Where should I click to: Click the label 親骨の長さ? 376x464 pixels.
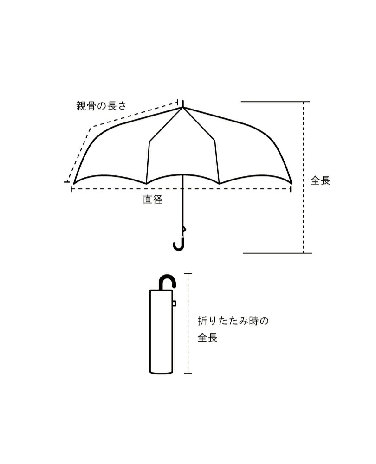click(101, 106)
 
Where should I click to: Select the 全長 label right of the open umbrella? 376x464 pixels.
click(320, 180)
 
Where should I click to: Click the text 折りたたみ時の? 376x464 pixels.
click(233, 321)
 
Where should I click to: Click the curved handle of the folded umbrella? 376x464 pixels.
click(168, 281)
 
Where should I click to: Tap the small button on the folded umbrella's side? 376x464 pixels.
click(174, 303)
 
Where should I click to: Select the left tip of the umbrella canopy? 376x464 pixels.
click(73, 183)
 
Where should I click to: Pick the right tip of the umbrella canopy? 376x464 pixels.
click(292, 183)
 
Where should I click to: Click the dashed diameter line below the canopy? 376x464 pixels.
click(223, 188)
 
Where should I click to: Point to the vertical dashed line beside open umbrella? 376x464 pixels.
click(304, 139)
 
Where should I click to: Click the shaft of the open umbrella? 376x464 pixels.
click(182, 204)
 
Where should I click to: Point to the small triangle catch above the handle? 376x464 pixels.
click(184, 229)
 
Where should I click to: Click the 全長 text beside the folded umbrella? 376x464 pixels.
click(207, 338)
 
